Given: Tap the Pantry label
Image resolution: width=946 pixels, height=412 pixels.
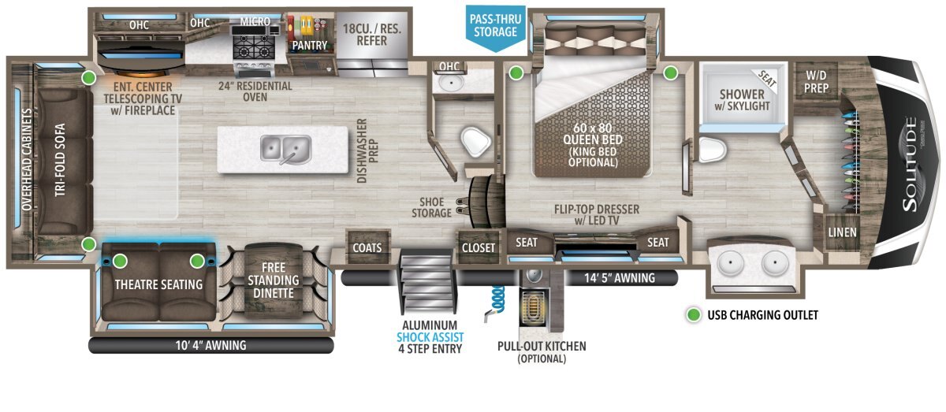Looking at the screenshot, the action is pyautogui.click(x=310, y=45).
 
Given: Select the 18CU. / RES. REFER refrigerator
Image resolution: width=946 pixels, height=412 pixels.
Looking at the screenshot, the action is pyautogui.click(x=371, y=44).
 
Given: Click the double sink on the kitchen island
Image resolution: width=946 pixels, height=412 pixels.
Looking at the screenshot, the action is pyautogui.click(x=286, y=150).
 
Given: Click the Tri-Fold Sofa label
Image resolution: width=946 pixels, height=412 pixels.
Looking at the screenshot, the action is pyautogui.click(x=60, y=160).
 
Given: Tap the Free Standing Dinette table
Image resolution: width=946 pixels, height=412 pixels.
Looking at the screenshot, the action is pyautogui.click(x=274, y=280).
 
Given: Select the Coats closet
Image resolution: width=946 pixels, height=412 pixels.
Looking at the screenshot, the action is pyautogui.click(x=367, y=247).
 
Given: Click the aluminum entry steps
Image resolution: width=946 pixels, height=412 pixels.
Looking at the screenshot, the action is pyautogui.click(x=426, y=280).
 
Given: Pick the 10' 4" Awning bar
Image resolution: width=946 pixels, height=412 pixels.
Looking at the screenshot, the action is pyautogui.click(x=211, y=345).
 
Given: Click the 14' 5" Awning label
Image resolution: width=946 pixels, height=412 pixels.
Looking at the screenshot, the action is pyautogui.click(x=620, y=278).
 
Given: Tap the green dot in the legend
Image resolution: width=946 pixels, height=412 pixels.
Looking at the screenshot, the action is pyautogui.click(x=693, y=315).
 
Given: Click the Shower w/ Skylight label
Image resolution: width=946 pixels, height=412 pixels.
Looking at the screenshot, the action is pyautogui.click(x=742, y=100).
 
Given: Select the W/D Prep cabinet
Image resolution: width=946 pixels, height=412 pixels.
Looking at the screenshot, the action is pyautogui.click(x=816, y=81).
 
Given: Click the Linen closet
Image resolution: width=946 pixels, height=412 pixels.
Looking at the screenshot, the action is pyautogui.click(x=842, y=232).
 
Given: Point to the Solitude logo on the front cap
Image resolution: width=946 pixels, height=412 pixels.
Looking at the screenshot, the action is pyautogui.click(x=910, y=164).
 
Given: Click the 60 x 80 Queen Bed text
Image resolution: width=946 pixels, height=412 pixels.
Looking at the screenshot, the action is pyautogui.click(x=593, y=133).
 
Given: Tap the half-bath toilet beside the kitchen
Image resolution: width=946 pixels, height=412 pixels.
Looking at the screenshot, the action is pyautogui.click(x=476, y=142).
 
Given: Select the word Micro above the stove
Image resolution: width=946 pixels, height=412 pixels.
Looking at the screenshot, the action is pyautogui.click(x=255, y=21).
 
